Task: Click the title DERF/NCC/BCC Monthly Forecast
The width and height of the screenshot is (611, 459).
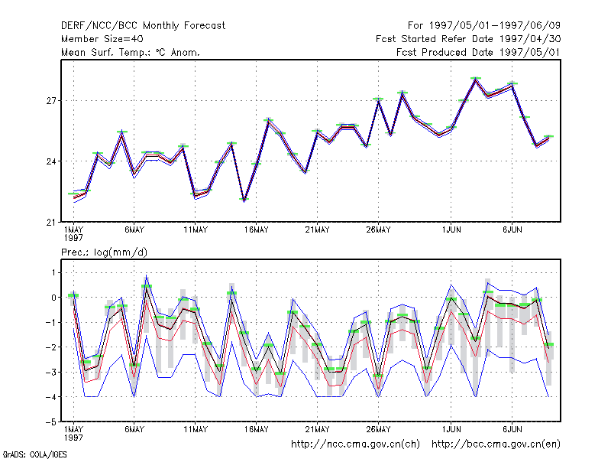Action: tap(143, 26)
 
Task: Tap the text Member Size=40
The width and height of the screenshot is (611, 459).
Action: tap(102, 39)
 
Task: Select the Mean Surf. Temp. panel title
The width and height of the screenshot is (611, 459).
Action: tap(131, 52)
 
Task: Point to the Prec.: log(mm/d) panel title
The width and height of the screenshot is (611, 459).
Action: tap(104, 252)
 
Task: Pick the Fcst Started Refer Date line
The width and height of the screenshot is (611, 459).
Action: tap(468, 39)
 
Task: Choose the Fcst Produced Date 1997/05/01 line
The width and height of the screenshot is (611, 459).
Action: tap(479, 52)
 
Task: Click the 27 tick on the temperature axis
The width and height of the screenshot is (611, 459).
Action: tap(51, 101)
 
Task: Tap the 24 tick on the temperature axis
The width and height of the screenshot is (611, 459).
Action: tap(51, 161)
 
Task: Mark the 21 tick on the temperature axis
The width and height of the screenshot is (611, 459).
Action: tap(51, 222)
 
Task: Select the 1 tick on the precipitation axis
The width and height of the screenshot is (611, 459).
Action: tap(53, 273)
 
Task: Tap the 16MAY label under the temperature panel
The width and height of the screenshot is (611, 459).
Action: tap(257, 230)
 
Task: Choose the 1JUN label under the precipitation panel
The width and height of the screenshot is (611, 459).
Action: tap(451, 429)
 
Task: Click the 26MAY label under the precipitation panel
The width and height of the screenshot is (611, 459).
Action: tap(378, 429)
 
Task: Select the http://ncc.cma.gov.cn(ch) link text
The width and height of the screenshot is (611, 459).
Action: tap(355, 444)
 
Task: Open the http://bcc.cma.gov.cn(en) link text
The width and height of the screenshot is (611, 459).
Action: tap(496, 444)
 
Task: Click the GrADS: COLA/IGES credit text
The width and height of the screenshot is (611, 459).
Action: tap(35, 454)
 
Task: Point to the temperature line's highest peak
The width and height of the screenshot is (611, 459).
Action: tap(475, 79)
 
